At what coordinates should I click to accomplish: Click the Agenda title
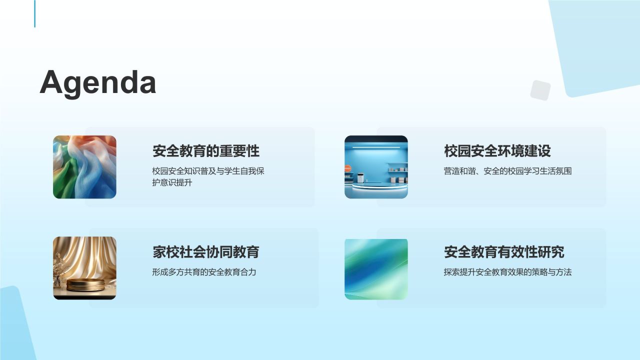[x=98, y=82]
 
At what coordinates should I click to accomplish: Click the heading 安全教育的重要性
[x=206, y=151]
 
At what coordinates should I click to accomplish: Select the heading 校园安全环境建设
[x=497, y=151]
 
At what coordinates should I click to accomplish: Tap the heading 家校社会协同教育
[x=206, y=252]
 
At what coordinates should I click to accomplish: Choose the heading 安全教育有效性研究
[x=504, y=252]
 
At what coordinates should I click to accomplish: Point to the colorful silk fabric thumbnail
[x=84, y=167]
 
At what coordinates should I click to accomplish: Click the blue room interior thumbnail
[x=376, y=167]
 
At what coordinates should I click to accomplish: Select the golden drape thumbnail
[x=84, y=268]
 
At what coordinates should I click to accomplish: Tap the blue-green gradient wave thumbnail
[x=376, y=268]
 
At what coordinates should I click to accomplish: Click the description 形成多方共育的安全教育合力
[x=204, y=272]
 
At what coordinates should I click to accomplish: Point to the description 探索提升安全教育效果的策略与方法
[x=507, y=272]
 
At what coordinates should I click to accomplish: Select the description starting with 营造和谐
[x=507, y=171]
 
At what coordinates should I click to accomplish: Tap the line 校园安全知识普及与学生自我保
[x=208, y=171]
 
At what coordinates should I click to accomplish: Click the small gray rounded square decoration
[x=540, y=90]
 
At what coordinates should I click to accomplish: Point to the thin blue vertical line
[x=35, y=13]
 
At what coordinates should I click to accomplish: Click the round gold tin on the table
[x=86, y=284]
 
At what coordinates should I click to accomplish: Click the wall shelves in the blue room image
[x=398, y=171]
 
